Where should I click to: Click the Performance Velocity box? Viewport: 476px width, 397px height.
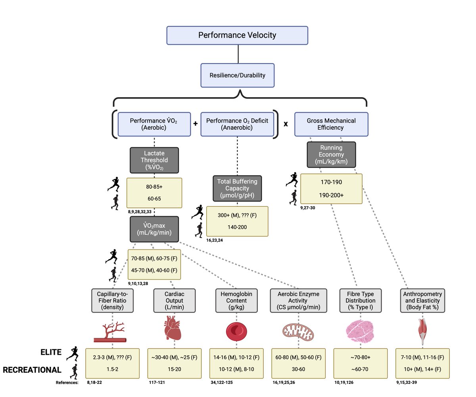[x=237, y=35]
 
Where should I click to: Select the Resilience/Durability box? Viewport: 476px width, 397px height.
[x=237, y=75]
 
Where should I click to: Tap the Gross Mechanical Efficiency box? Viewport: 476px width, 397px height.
[x=331, y=124]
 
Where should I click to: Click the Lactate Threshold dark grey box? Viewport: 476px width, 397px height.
[x=154, y=160]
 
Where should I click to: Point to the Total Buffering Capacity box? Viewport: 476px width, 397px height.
[x=237, y=188]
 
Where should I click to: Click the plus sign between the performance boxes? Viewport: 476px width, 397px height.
[x=195, y=123]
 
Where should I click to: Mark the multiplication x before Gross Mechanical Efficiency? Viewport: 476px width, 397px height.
[x=285, y=124]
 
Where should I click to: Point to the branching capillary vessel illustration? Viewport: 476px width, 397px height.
[x=110, y=332]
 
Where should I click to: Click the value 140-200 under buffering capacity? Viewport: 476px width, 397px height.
[x=237, y=228]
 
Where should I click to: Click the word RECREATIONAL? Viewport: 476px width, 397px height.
[x=32, y=370]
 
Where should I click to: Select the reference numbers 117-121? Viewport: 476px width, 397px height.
[x=157, y=383]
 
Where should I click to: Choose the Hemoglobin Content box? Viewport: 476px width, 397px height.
[x=237, y=300]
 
